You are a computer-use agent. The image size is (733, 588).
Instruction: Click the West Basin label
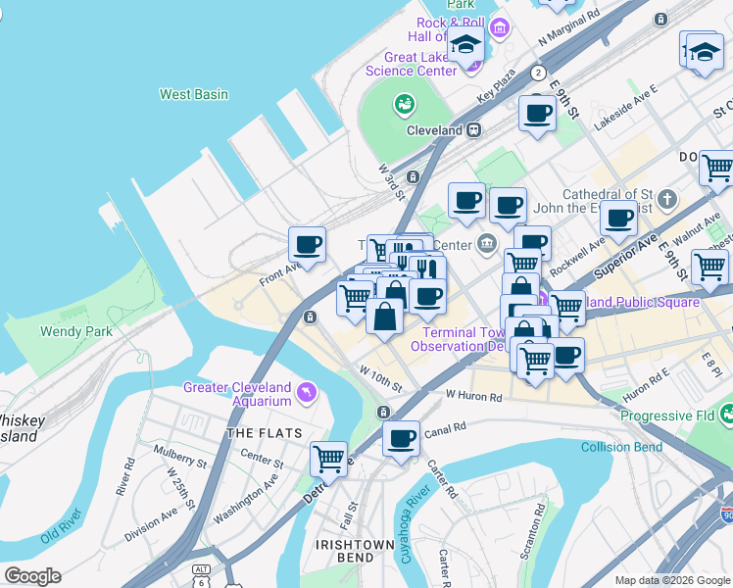(194, 95)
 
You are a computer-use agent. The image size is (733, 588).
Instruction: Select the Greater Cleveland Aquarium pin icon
(309, 393)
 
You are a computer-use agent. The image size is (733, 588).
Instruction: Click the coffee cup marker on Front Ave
(307, 245)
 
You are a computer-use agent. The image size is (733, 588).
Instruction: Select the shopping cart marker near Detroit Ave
(328, 457)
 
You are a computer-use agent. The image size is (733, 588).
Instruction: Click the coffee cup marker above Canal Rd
(400, 438)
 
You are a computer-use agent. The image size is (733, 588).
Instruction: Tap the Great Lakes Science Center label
(411, 64)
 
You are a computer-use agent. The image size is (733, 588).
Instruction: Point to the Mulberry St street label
(179, 456)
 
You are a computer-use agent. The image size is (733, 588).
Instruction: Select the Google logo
(32, 576)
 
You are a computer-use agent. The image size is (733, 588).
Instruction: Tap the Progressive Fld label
(668, 416)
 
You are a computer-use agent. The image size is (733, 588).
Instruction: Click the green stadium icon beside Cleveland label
(404, 104)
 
